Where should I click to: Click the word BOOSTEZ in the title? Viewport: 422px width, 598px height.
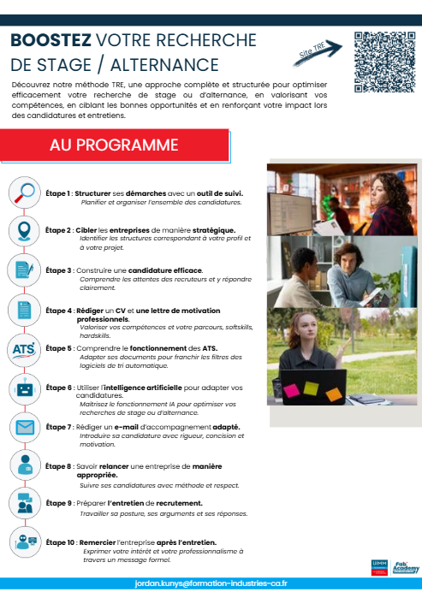[51, 41]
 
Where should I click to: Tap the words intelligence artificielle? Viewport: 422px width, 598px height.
[151, 388]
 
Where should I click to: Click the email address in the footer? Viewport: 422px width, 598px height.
[211, 583]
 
